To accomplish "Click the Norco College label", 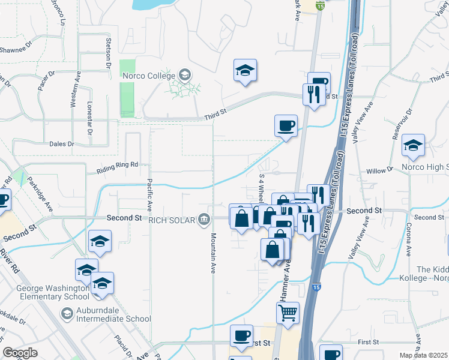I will [x=149, y=76].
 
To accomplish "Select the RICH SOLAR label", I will [x=172, y=220].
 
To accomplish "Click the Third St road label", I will [x=214, y=111].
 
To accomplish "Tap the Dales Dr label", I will [x=62, y=144].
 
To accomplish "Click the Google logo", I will [x=20, y=353].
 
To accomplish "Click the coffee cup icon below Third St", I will [x=286, y=125].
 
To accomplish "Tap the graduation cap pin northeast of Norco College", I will [x=245, y=71].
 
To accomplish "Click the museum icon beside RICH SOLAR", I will [x=205, y=220].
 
